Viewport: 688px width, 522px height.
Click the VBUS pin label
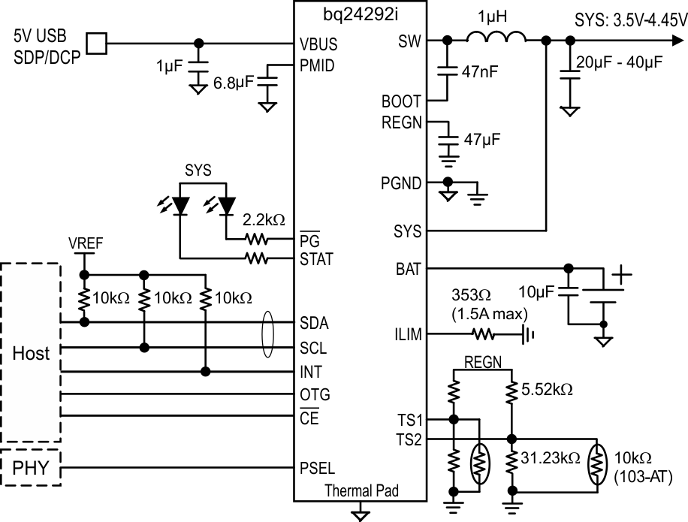(317, 44)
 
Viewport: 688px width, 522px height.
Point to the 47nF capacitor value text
(481, 73)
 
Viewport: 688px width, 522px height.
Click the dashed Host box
(31, 352)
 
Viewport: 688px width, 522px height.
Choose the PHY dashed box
(31, 469)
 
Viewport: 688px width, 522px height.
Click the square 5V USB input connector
(96, 44)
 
